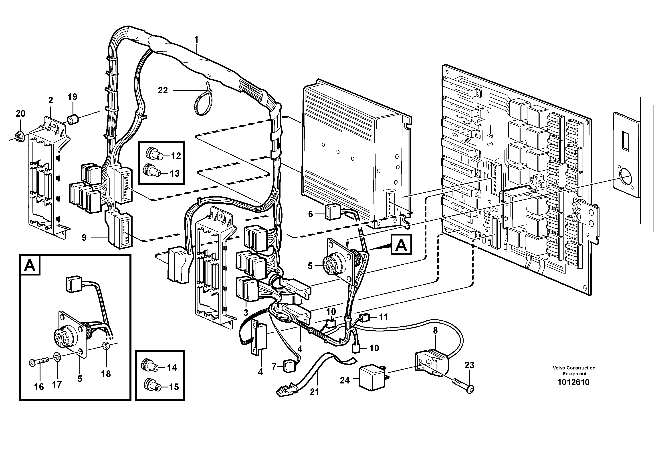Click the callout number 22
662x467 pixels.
(163, 90)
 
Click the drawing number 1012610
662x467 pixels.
(573, 382)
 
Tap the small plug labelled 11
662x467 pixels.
(365, 318)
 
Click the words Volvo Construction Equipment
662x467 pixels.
(574, 371)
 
